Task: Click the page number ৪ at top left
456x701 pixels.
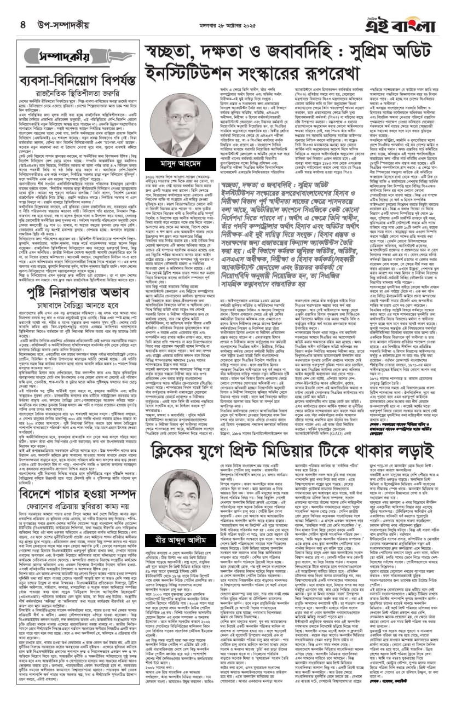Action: click(x=22, y=24)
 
